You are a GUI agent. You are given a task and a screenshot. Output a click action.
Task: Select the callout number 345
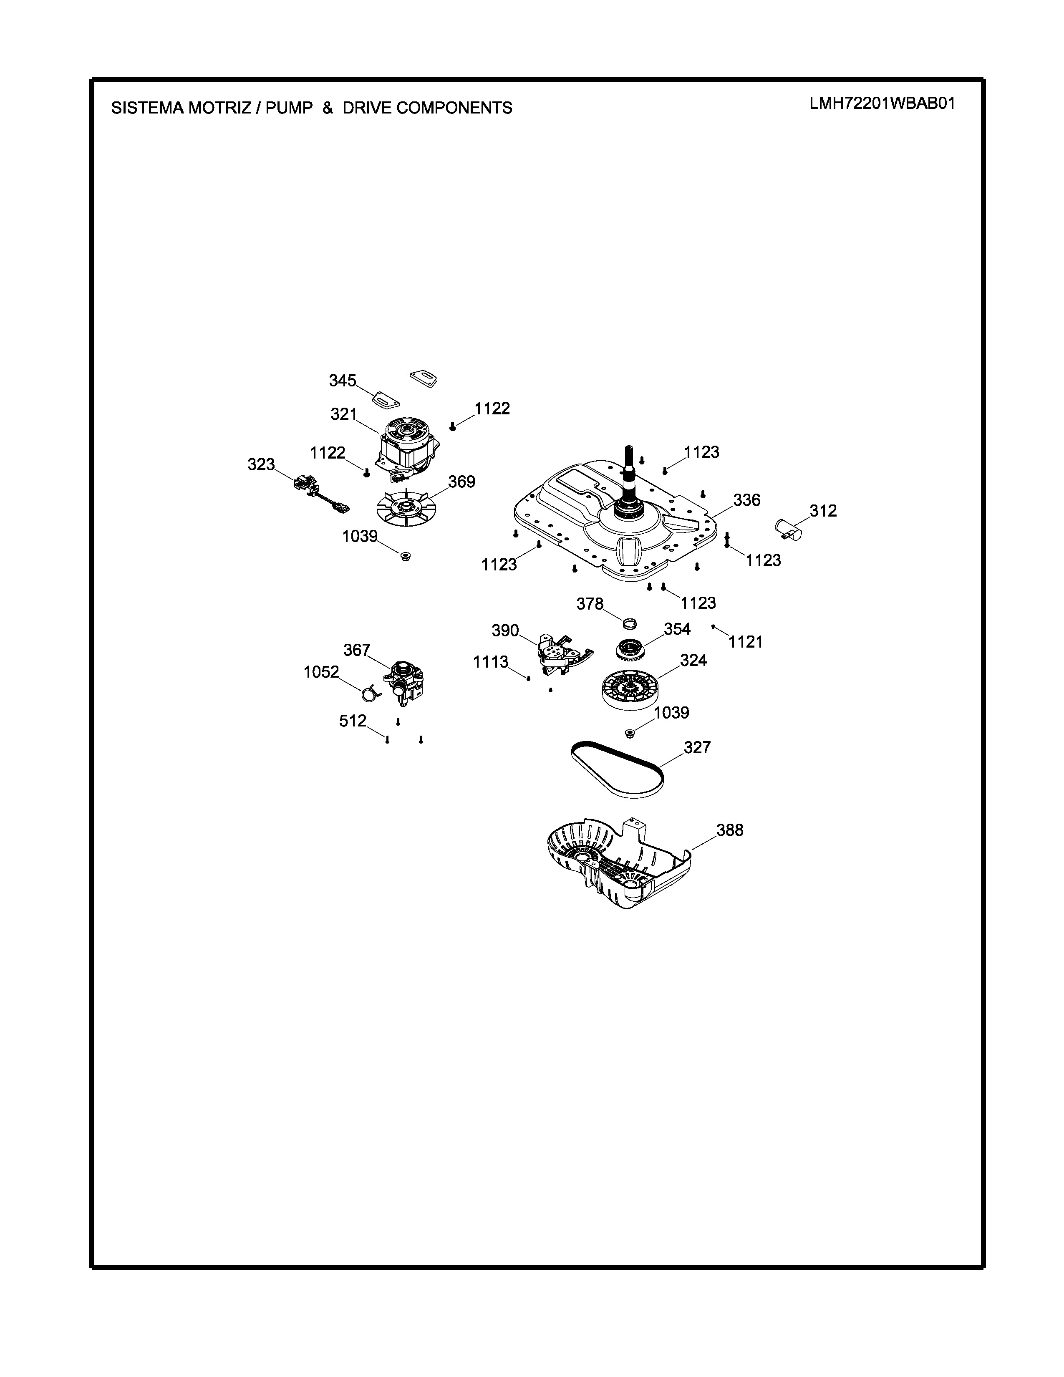coord(342,381)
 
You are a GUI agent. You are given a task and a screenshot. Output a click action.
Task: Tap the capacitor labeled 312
coord(788,528)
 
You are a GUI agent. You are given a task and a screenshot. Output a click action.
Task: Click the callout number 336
coord(747,500)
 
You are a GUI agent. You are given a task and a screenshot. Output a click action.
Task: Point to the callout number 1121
coord(746,642)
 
